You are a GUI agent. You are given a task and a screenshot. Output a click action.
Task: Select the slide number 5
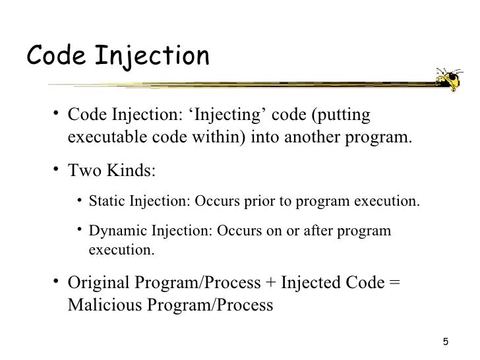446,342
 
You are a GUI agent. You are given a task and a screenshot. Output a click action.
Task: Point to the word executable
102,139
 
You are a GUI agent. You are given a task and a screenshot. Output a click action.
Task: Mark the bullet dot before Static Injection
78,200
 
